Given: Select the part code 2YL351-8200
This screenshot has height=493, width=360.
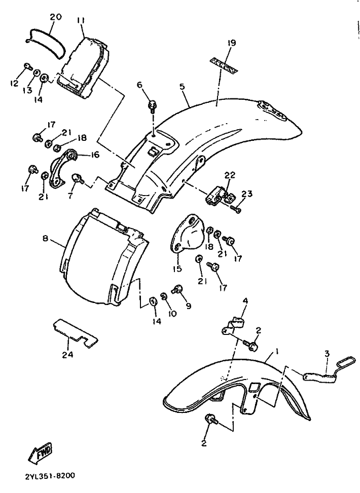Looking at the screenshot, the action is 49,477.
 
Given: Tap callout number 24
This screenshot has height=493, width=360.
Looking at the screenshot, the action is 67,355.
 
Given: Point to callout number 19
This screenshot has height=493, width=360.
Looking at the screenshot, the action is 231,44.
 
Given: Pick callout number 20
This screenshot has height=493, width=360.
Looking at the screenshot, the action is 55,17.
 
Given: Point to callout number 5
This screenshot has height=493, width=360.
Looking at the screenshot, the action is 182,87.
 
